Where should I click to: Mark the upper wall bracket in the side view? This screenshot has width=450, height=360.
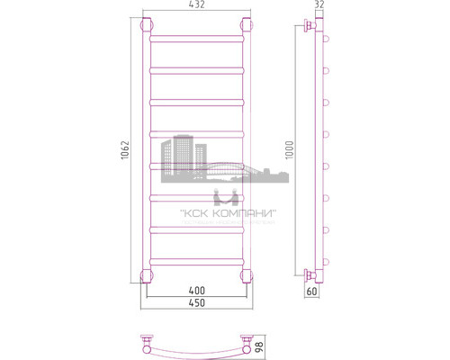(x=310, y=27)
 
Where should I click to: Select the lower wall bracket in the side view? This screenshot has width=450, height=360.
(x=310, y=274)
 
